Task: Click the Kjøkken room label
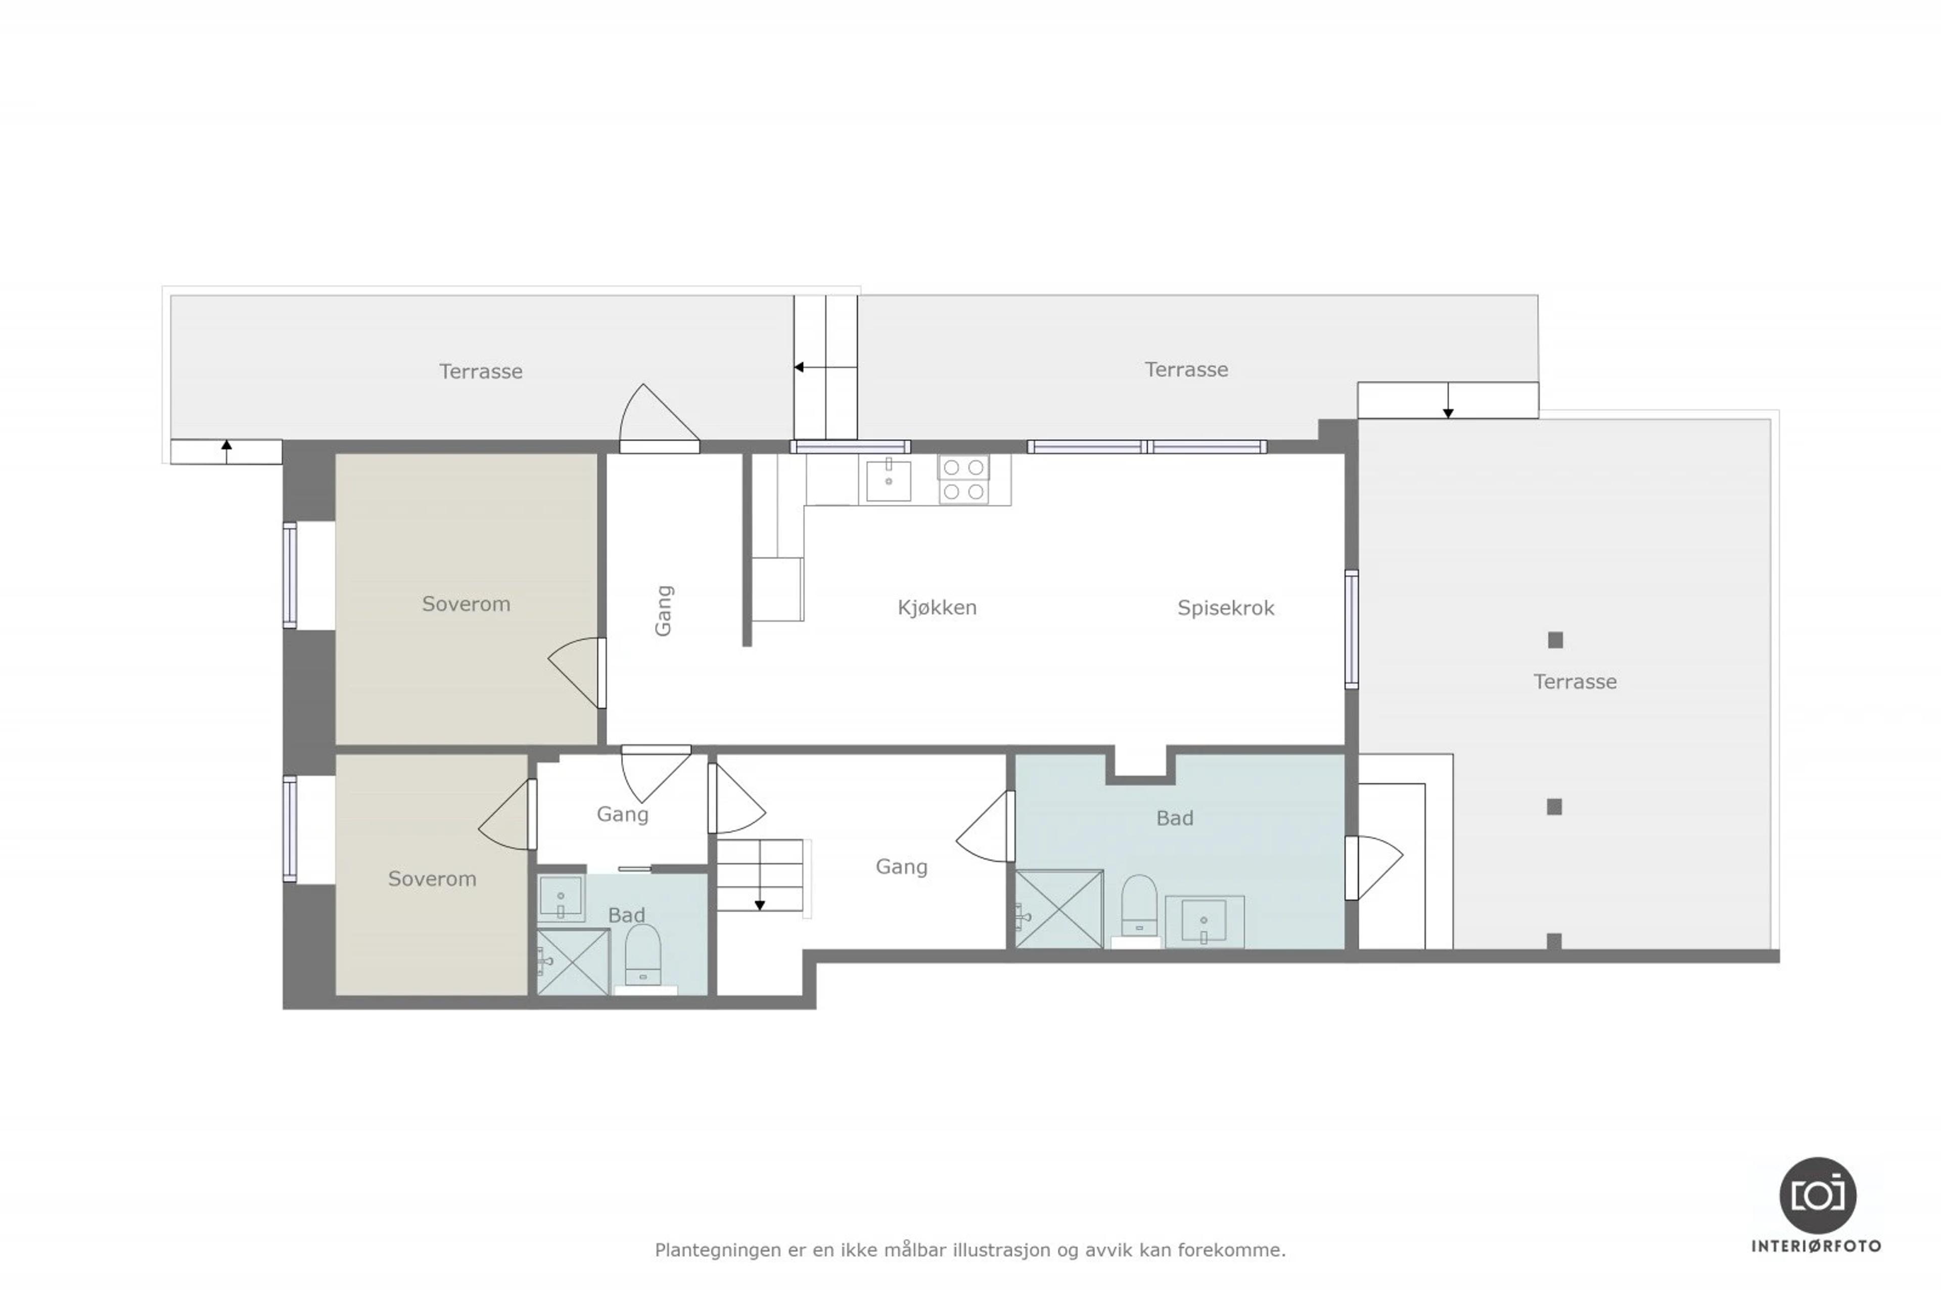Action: pyautogui.click(x=937, y=608)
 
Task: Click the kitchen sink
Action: pyautogui.click(x=888, y=481)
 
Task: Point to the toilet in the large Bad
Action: pyautogui.click(x=1139, y=907)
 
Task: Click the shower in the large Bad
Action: pyautogui.click(x=1059, y=909)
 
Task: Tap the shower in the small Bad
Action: pyautogui.click(x=573, y=962)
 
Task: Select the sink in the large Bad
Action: pyautogui.click(x=1204, y=921)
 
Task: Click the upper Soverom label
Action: pyautogui.click(x=467, y=604)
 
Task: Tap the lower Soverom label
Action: pyautogui.click(x=433, y=879)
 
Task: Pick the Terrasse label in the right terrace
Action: pyautogui.click(x=1575, y=681)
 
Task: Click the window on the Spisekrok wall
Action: pyautogui.click(x=1352, y=630)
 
